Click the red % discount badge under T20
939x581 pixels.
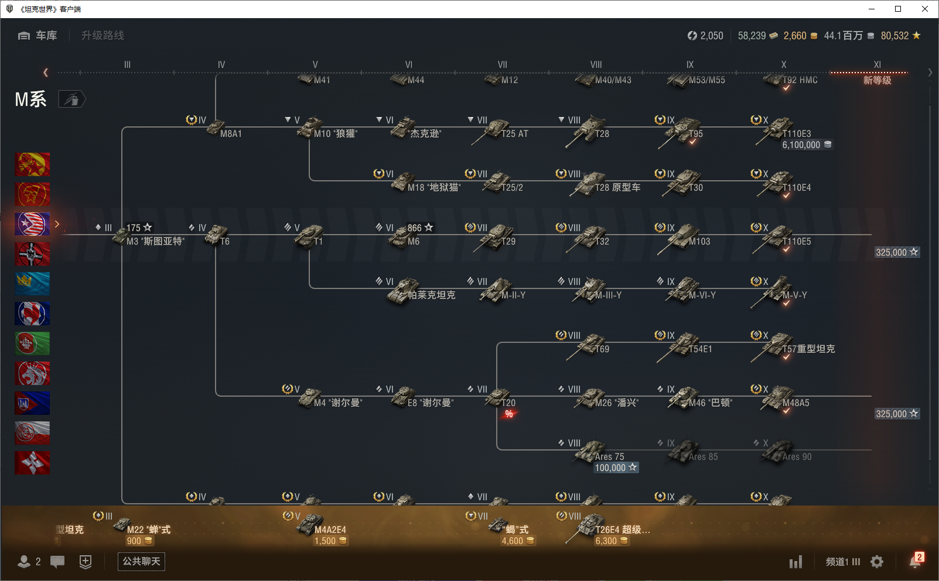point(509,414)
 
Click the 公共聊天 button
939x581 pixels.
point(141,562)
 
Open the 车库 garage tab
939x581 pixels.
point(38,36)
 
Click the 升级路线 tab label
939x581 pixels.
point(103,36)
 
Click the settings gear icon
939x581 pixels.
point(877,562)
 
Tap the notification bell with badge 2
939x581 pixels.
point(915,561)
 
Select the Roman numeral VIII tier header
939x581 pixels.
point(596,64)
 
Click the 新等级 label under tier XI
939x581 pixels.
point(877,80)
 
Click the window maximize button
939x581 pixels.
point(898,9)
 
